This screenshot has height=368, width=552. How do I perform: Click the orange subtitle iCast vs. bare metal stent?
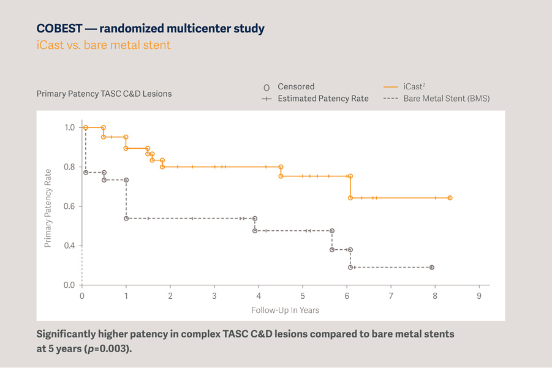tap(104, 45)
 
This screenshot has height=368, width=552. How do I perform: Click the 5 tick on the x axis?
tap(303, 296)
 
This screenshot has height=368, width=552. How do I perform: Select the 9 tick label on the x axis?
tap(479, 296)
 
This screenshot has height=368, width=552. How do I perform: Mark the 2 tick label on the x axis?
tap(170, 296)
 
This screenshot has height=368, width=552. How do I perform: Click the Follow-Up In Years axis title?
tap(285, 310)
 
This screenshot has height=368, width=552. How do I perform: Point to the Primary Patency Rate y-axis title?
tap(47, 208)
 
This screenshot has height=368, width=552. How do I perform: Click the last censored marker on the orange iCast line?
tap(450, 198)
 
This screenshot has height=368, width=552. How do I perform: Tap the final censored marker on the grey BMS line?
tap(432, 268)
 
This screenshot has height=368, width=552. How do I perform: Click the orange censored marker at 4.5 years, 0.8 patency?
tap(281, 167)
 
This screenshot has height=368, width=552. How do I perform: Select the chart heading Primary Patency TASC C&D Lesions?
tap(104, 94)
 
